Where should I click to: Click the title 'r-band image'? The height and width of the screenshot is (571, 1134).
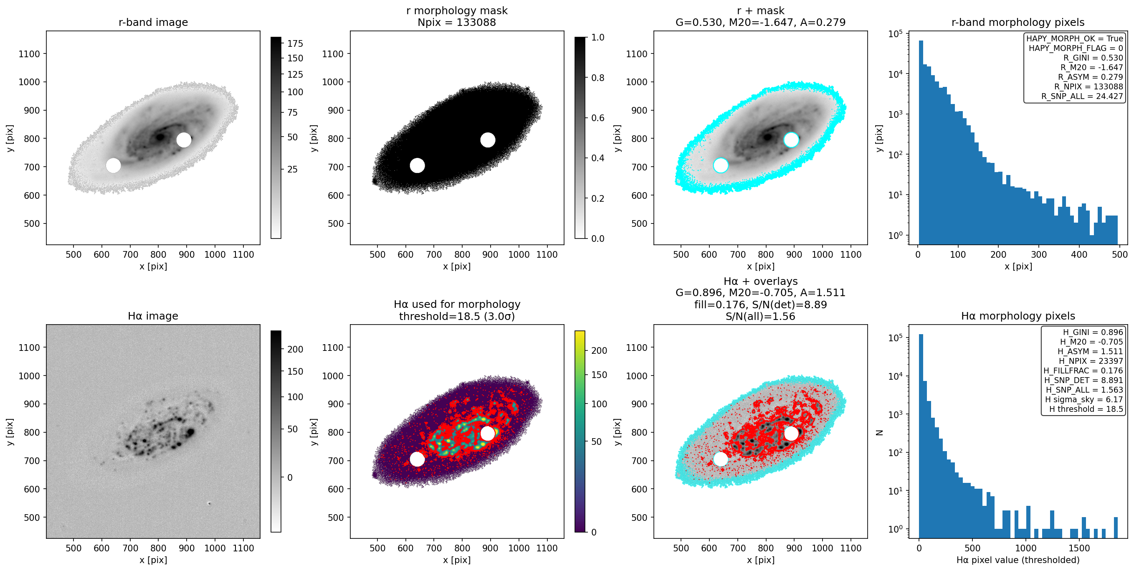click(153, 22)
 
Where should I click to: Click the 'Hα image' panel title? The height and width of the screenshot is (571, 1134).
click(153, 316)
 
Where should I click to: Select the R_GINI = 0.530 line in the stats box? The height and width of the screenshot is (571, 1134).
click(1093, 58)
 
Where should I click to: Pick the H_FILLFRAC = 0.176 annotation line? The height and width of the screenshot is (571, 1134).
click(1083, 371)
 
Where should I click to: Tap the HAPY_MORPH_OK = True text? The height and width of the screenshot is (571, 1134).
click(1075, 38)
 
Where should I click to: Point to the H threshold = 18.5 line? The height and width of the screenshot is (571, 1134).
click(1086, 409)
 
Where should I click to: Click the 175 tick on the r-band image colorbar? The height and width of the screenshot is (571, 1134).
click(295, 43)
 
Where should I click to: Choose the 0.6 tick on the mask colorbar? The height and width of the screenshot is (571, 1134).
click(597, 118)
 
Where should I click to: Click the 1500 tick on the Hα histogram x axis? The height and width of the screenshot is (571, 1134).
click(1079, 548)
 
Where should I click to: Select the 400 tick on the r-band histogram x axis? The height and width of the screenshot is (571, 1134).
click(1079, 254)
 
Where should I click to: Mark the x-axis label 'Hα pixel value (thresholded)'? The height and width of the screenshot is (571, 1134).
click(1018, 560)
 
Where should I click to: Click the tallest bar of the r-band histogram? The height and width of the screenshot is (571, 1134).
click(921, 142)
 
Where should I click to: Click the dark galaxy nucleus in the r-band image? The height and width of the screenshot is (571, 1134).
click(160, 137)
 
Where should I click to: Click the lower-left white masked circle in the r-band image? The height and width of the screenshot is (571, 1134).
click(113, 165)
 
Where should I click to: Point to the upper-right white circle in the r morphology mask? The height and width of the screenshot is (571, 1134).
click(487, 140)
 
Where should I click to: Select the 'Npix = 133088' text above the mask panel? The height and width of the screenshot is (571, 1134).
click(456, 23)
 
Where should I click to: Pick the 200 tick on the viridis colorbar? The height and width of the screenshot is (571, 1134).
click(599, 351)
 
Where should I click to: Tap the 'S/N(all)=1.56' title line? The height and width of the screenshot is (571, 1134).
click(760, 316)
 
